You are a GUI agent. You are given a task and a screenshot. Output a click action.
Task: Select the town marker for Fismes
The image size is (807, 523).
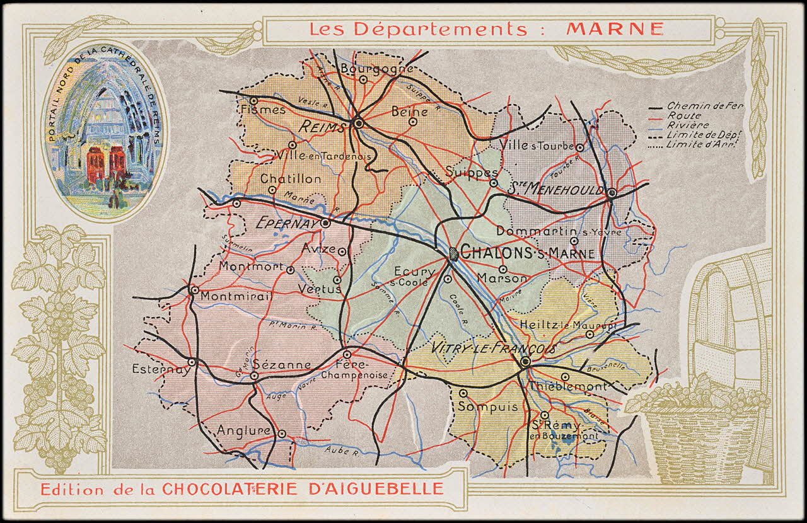coord(253,100)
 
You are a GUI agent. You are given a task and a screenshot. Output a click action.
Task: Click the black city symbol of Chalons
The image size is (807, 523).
coord(453,254)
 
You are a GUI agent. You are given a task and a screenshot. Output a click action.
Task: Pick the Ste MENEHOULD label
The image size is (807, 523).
coord(555,188)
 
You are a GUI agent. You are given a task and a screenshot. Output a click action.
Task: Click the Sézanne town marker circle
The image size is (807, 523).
coord(254,376)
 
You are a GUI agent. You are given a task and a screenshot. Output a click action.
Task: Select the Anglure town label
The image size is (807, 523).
coord(243,430)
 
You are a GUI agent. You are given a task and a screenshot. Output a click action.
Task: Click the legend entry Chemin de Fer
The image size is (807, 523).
coord(705,106)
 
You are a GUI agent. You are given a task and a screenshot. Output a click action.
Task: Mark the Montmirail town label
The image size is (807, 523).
coord(237,296)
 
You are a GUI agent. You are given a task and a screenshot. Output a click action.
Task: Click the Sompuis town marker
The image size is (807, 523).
coord(463,393)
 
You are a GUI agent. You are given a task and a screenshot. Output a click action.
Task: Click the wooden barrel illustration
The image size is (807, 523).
coord(731,321)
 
